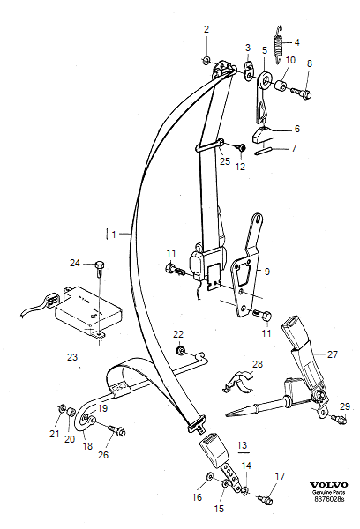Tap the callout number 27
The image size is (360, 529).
(x=333, y=354)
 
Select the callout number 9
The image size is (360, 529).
(x=268, y=272)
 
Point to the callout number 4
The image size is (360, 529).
(x=297, y=41)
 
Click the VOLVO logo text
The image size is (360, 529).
(x=330, y=486)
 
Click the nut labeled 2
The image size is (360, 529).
(x=206, y=60)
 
